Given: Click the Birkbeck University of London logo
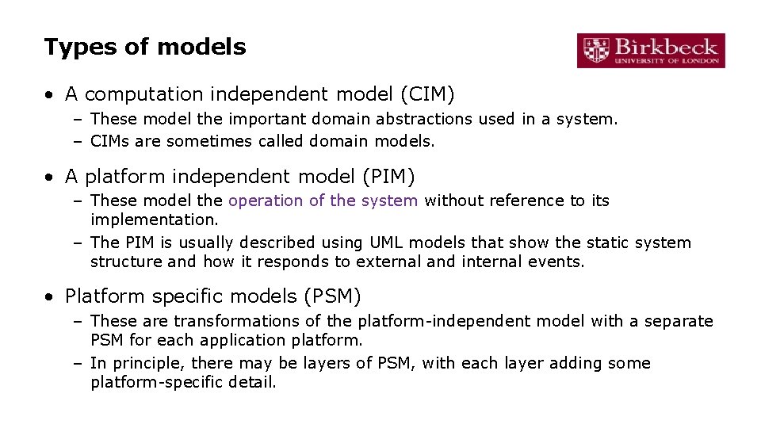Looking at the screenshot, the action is (651, 51).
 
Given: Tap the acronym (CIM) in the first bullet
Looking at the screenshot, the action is (428, 94).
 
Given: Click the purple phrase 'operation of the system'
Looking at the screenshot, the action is (323, 201).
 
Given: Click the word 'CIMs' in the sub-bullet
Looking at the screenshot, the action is (113, 141).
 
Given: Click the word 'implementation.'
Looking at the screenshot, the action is (154, 220).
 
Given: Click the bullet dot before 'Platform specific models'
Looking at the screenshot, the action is (50, 297).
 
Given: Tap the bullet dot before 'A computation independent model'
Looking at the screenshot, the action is (50, 95).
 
